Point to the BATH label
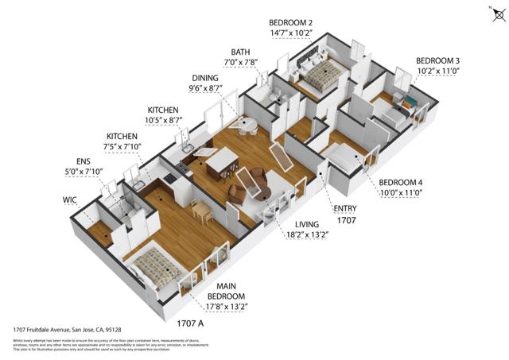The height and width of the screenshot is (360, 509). pos(240,52)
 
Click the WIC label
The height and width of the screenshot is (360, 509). pos(71,200)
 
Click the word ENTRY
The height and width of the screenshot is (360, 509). pos(345,209)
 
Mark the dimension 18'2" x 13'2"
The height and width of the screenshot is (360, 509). pos(305,234)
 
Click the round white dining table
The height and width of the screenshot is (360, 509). pos(247,125)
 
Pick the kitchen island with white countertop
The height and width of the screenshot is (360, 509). pos(220,161)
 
